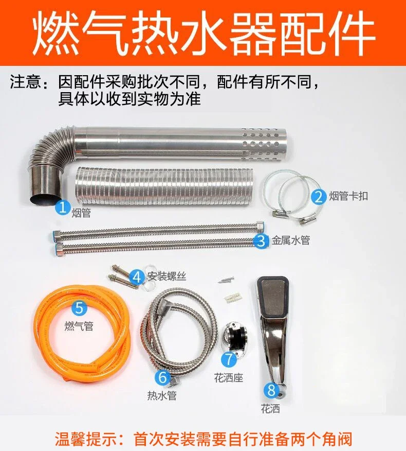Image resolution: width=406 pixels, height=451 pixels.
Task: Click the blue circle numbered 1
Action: click(x=63, y=207)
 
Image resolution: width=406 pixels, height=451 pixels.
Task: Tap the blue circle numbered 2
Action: click(x=319, y=197)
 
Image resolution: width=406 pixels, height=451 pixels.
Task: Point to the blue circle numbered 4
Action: click(x=137, y=277)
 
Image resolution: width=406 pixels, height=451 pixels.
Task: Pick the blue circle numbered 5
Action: click(x=80, y=307)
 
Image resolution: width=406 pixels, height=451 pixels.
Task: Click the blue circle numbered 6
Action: click(x=162, y=377)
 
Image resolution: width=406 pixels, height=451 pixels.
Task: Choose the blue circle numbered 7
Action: click(x=229, y=359)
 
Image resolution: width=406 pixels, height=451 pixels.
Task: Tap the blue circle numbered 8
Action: click(x=272, y=390)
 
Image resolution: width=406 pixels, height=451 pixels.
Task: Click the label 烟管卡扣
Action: click(x=348, y=196)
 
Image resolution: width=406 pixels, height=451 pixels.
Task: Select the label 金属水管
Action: click(x=291, y=240)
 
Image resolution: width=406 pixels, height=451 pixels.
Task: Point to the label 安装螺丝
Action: click(x=167, y=276)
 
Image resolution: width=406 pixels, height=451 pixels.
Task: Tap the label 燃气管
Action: click(x=79, y=326)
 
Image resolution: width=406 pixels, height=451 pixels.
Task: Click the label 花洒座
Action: click(x=229, y=378)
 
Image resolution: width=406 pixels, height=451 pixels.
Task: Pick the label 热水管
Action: click(x=162, y=396)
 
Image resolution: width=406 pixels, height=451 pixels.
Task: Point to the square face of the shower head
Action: click(x=273, y=296)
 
